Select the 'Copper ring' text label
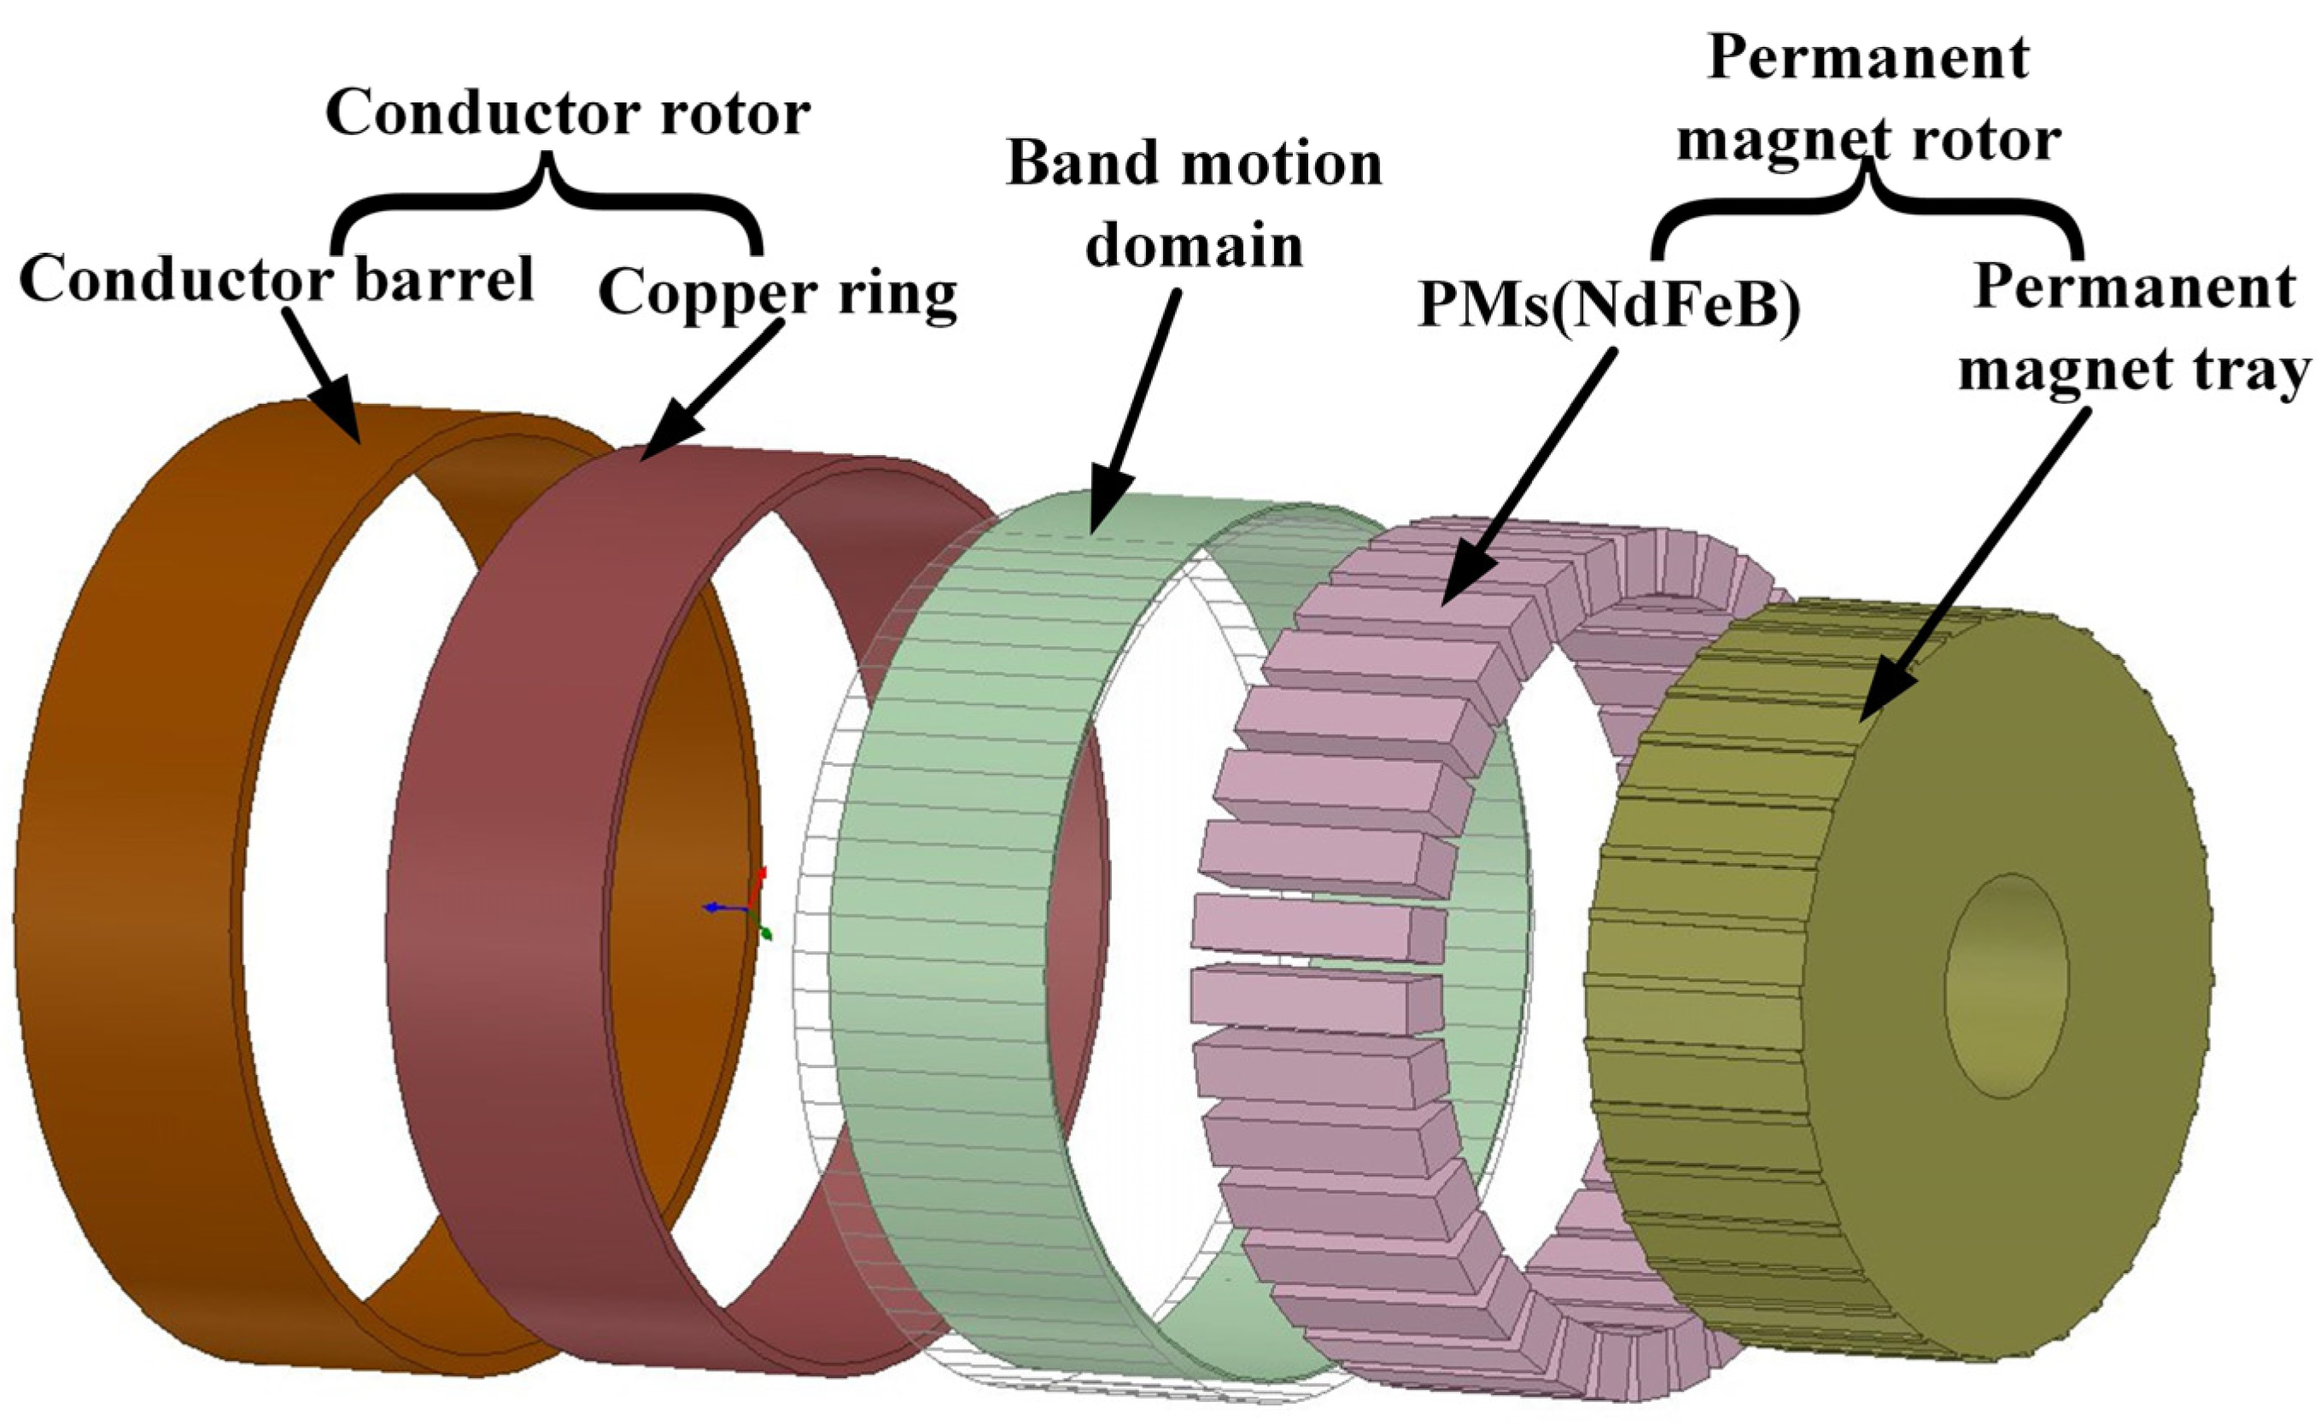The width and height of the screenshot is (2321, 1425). click(x=777, y=293)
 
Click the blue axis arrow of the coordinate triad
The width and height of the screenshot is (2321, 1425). click(x=718, y=907)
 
